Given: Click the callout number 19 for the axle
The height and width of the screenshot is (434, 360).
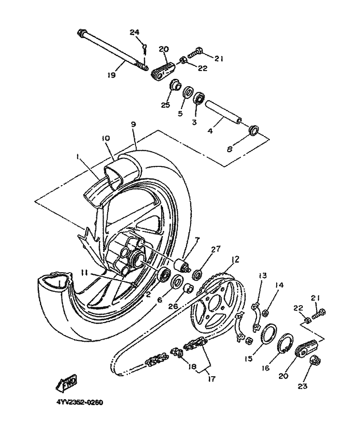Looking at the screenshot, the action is tap(111, 74).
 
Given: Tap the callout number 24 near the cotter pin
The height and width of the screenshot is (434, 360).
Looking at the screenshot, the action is tap(135, 33).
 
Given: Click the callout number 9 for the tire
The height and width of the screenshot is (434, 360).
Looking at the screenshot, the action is tap(134, 124).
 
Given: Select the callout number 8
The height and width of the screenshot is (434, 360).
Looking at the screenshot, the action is tap(229, 149).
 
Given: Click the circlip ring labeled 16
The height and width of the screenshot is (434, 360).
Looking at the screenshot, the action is tap(285, 344).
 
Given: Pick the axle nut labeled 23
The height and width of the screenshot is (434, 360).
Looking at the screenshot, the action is tap(314, 360).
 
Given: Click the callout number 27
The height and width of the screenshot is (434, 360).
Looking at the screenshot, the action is tap(216, 249).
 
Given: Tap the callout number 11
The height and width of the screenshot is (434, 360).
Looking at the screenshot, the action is tap(84, 274).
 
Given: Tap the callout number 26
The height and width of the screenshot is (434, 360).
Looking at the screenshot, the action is tap(174, 307).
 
